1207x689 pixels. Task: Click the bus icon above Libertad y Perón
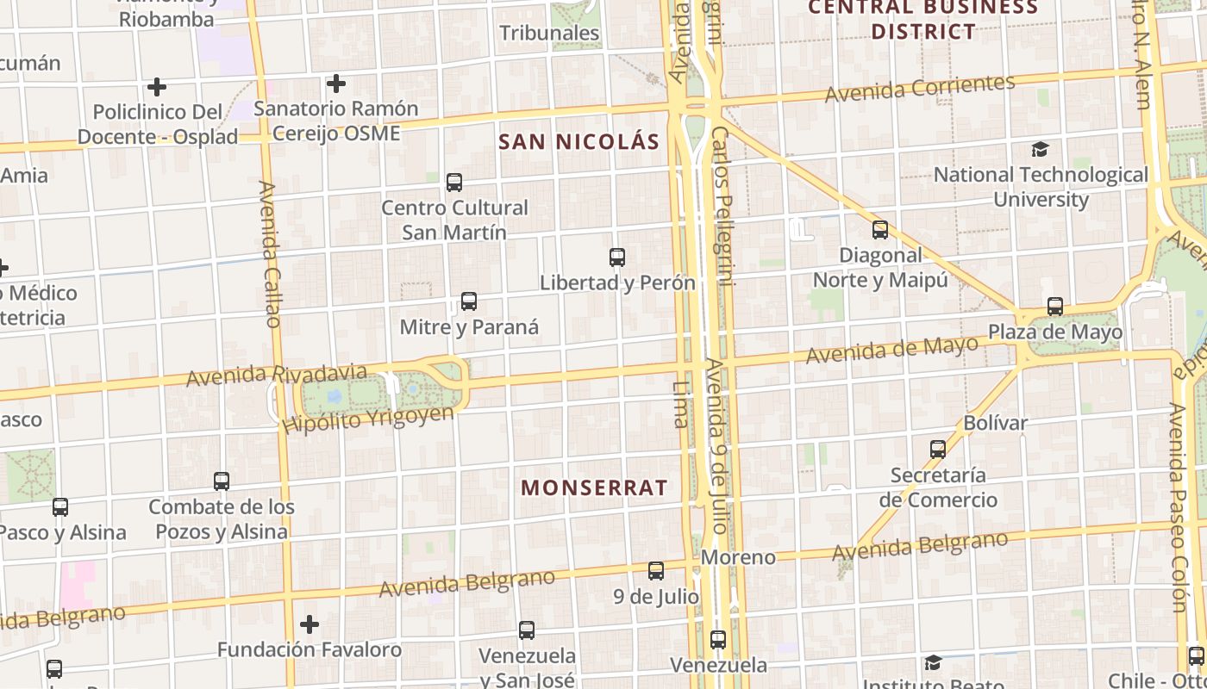(616, 257)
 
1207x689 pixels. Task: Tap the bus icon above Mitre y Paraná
(469, 301)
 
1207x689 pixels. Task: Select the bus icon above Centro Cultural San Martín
(454, 183)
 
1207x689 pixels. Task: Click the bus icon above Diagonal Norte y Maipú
(880, 230)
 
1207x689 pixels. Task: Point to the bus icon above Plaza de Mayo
(1055, 307)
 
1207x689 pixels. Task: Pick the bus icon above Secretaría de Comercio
(938, 449)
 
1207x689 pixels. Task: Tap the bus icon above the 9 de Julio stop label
(656, 570)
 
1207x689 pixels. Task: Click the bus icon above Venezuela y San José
(527, 630)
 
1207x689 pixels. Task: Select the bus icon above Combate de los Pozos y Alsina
(222, 481)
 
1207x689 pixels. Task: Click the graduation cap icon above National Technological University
(1041, 150)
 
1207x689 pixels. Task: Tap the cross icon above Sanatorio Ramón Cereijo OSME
(336, 84)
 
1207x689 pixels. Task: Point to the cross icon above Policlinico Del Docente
(156, 87)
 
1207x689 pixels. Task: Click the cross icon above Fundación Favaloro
(310, 624)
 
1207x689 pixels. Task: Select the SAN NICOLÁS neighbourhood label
(579, 142)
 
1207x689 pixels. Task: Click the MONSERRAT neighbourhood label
(594, 488)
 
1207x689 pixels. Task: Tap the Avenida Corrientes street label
(920, 89)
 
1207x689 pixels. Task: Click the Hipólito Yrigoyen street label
(367, 419)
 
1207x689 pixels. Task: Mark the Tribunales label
(549, 33)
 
